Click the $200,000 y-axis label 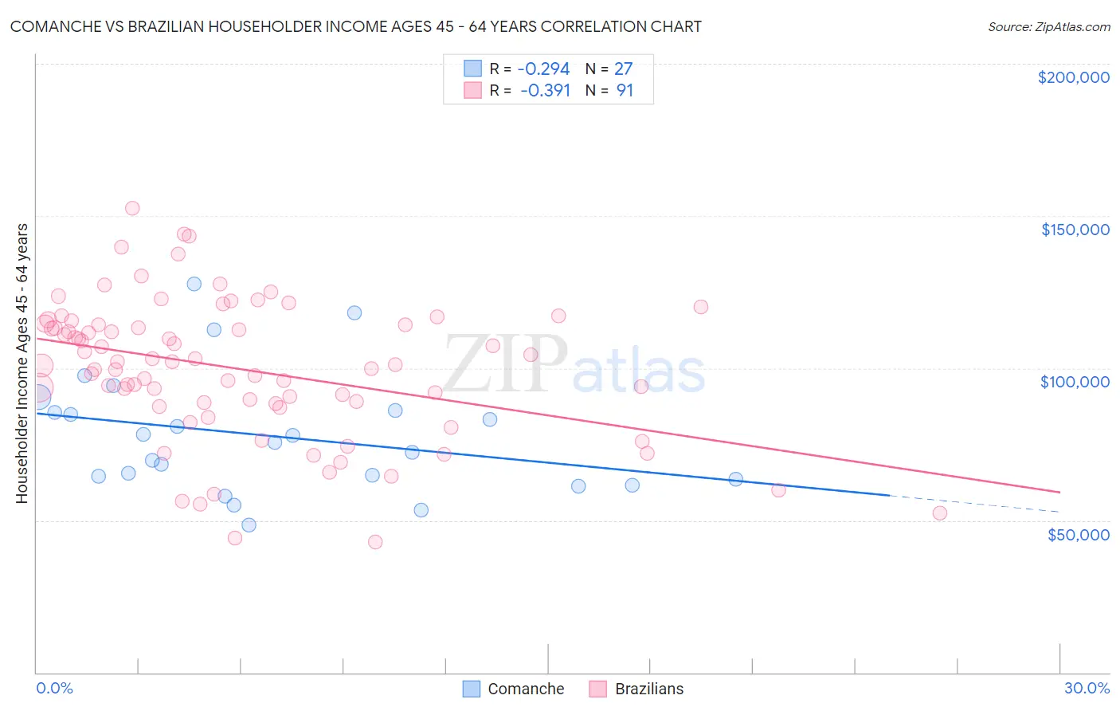tap(1073, 77)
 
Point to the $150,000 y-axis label tap(1075, 230)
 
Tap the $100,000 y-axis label tap(1075, 382)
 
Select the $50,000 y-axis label tap(1078, 534)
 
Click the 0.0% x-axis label tap(54, 688)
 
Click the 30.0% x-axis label tap(1087, 688)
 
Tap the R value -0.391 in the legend tap(546, 91)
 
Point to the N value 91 tap(625, 91)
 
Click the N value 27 tap(623, 69)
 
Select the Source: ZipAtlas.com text tap(1048, 26)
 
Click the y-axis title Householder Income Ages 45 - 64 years tap(22, 363)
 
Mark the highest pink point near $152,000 tap(132, 208)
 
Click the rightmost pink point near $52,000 tap(940, 513)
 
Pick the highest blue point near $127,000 tap(194, 284)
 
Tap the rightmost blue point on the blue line tap(736, 479)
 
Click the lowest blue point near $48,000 tap(249, 524)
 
